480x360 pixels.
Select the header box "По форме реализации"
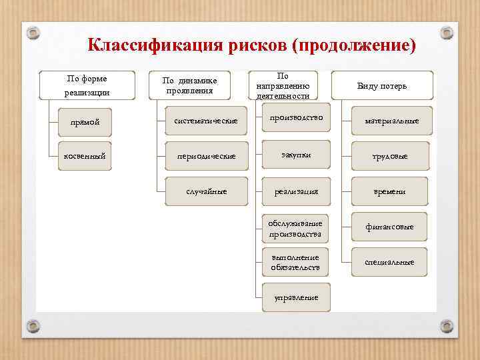[x=87, y=85]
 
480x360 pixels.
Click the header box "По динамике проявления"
[x=190, y=85]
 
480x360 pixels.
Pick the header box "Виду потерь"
[x=382, y=85]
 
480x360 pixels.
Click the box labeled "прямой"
[x=87, y=121]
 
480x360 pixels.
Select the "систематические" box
[x=205, y=121]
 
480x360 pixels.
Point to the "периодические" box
[x=205, y=155]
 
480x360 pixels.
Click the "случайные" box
[x=205, y=191]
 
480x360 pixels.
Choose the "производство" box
[x=295, y=118]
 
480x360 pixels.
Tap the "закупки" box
[x=295, y=155]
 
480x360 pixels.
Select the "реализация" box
[x=295, y=191]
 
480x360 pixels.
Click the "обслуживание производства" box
[x=295, y=228]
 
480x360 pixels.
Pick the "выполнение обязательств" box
[x=295, y=263]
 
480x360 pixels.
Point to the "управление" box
[x=295, y=297]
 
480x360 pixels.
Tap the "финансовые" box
[x=389, y=227]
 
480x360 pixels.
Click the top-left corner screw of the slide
[x=33, y=33]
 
